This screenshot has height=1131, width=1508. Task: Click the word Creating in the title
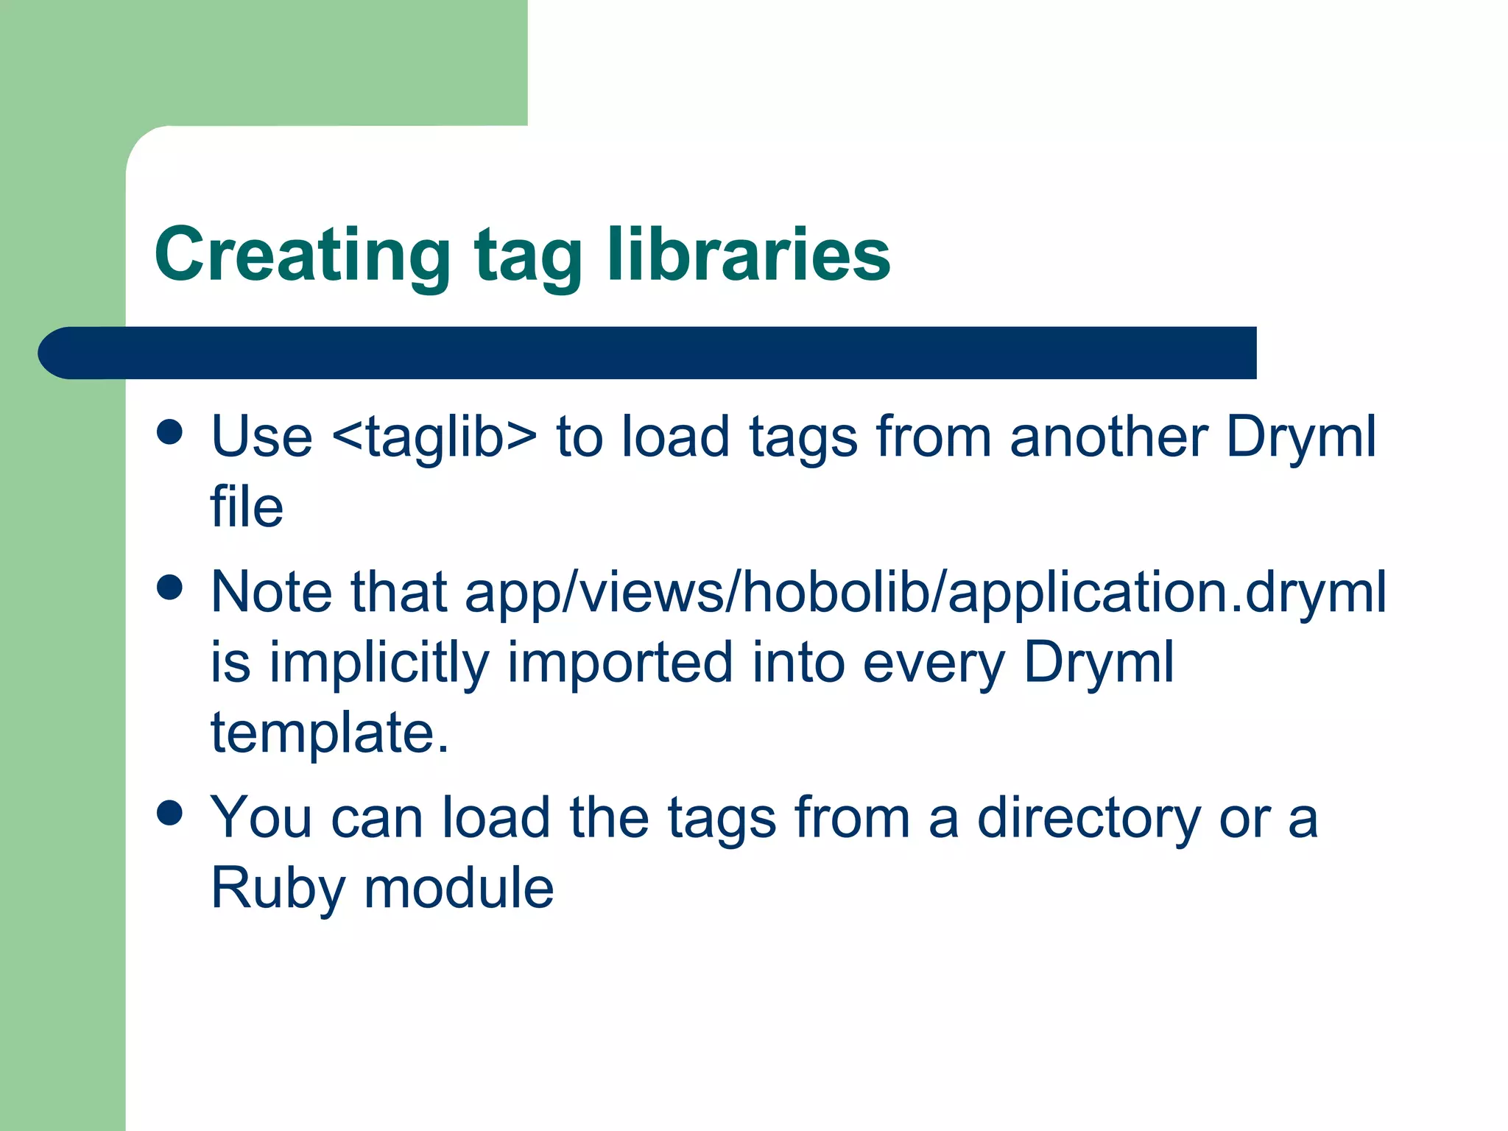pos(302,256)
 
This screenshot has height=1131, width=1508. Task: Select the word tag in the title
pos(528,258)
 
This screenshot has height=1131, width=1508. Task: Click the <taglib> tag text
pos(434,437)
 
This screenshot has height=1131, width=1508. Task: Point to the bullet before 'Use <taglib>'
pos(170,432)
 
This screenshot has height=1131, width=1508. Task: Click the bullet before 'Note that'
pos(170,588)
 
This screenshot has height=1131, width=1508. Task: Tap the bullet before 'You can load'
pos(170,814)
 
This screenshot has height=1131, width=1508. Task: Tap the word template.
pos(329,733)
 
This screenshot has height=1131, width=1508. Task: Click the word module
pos(459,888)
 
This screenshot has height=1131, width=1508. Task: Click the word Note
pos(270,592)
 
